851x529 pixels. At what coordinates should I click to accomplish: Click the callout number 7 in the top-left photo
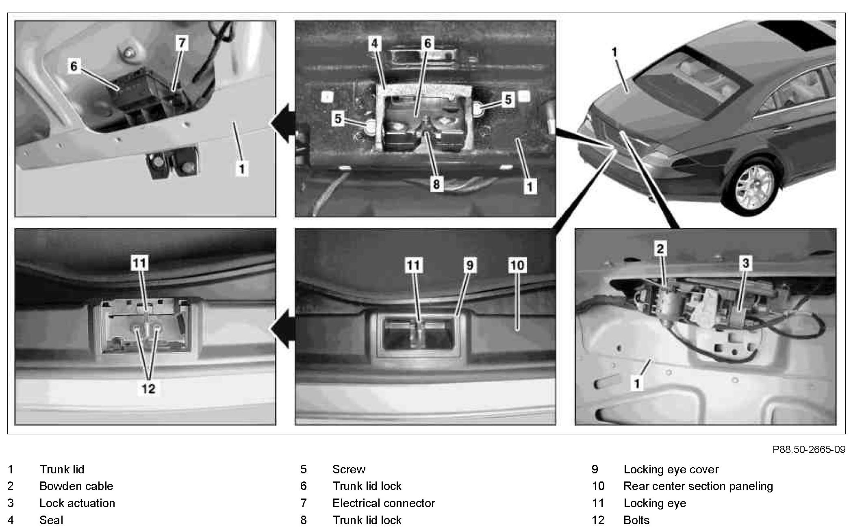click(182, 43)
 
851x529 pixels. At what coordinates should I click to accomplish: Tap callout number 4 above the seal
click(374, 43)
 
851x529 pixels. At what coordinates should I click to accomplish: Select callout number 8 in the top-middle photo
click(436, 184)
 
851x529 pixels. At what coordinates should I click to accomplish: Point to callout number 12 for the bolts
click(148, 389)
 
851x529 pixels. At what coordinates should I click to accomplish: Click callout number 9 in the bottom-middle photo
click(469, 265)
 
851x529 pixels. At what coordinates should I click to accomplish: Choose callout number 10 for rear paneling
click(517, 265)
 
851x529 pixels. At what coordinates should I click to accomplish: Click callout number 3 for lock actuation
click(745, 263)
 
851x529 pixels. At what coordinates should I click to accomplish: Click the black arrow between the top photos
click(284, 123)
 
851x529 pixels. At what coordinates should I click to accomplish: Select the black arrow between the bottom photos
click(284, 328)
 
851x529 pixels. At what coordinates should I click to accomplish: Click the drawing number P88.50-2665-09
click(809, 449)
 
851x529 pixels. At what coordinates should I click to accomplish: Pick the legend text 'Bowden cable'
click(76, 486)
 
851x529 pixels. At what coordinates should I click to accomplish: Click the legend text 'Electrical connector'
click(383, 503)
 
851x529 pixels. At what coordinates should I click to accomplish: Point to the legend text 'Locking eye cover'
click(671, 469)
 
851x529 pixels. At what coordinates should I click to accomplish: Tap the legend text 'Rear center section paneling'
click(698, 486)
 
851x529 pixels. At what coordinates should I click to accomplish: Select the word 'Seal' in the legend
click(51, 520)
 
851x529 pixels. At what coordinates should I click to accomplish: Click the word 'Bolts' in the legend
click(636, 520)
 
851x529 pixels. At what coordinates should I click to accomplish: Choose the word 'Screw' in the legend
click(349, 469)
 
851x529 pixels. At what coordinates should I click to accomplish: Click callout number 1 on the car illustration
click(614, 52)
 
